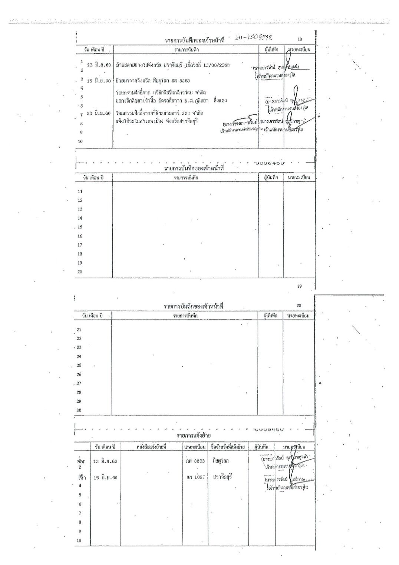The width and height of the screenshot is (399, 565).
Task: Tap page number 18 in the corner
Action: tap(300, 39)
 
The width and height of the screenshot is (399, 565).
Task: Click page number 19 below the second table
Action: tap(300, 286)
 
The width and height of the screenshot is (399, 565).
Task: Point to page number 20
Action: tap(299, 306)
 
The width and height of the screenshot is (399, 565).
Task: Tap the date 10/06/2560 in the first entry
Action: tap(216, 65)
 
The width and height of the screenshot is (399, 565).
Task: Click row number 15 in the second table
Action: tap(80, 227)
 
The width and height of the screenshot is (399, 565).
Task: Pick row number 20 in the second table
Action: tap(80, 272)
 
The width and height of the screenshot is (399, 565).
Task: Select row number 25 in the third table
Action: tap(79, 365)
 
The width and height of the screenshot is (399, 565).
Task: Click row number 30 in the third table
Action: tap(79, 410)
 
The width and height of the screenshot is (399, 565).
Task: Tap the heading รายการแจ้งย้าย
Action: tap(194, 435)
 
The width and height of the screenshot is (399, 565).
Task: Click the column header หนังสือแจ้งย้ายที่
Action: tap(151, 446)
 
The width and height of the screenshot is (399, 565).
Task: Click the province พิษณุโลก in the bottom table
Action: tap(221, 461)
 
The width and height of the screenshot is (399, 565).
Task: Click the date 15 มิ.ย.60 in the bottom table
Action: tap(105, 478)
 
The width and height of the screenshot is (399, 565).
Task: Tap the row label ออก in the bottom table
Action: tap(81, 461)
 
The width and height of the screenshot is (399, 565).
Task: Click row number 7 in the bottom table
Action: tap(79, 513)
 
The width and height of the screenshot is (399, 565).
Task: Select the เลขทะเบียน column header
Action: tap(195, 446)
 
